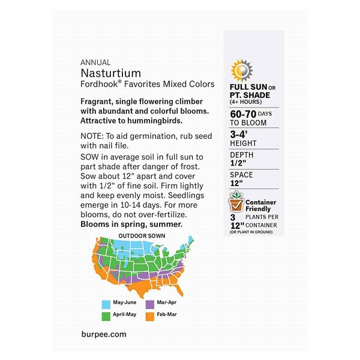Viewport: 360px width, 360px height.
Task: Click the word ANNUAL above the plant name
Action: (92, 62)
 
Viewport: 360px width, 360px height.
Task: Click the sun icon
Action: (242, 70)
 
